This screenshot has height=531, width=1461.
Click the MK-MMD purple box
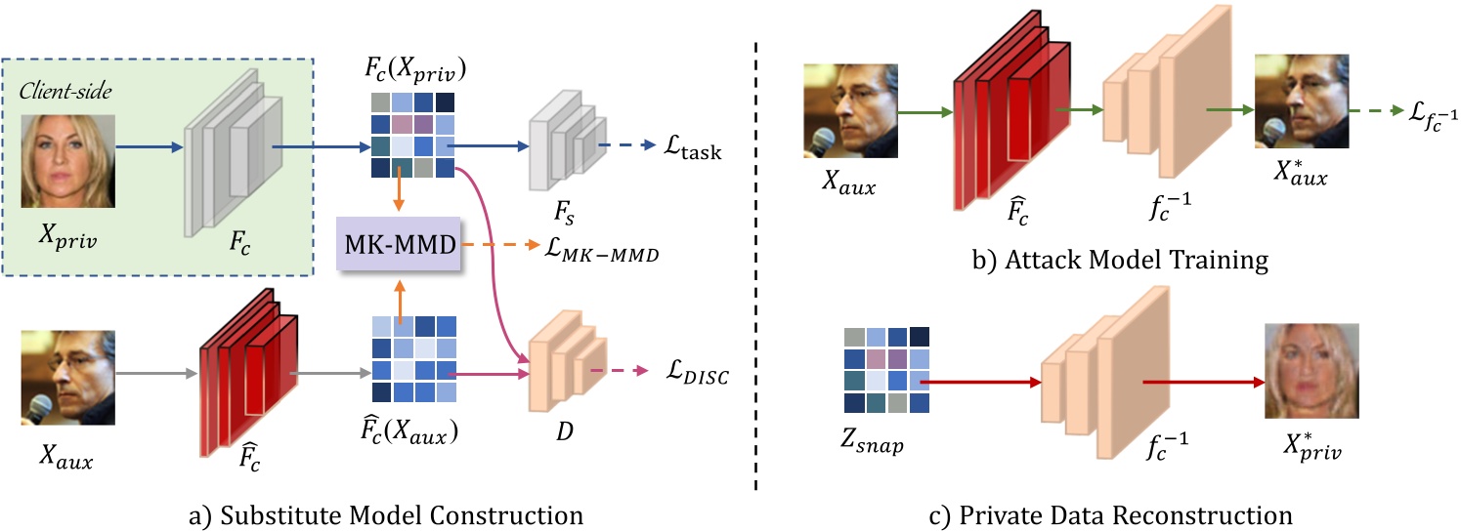(x=399, y=243)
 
